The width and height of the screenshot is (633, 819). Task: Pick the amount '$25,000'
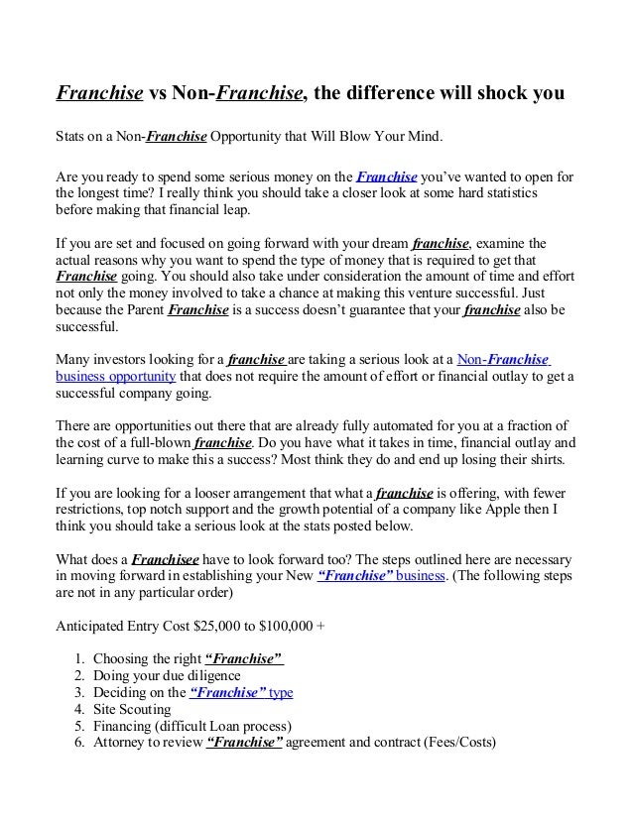tap(198, 627)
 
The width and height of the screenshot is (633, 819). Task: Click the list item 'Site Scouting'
tap(132, 710)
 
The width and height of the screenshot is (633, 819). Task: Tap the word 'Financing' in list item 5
tap(125, 727)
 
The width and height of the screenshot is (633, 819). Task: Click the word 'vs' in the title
tap(159, 95)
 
